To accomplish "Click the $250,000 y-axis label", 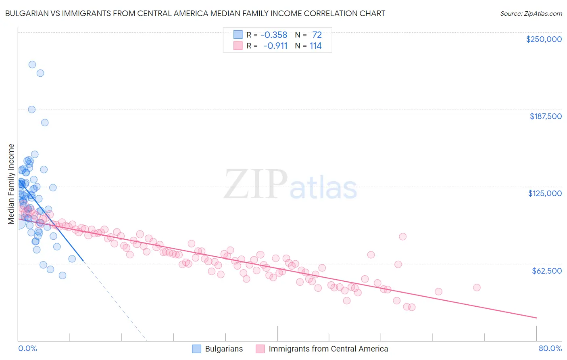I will [x=544, y=39].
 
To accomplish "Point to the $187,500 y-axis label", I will [x=545, y=116].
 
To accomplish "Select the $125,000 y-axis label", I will [x=545, y=193].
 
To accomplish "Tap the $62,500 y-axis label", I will [x=546, y=271].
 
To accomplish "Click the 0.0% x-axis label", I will [x=27, y=348].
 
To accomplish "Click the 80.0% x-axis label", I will [x=550, y=348].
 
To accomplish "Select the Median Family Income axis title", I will [x=11, y=184].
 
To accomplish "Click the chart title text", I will [x=195, y=13].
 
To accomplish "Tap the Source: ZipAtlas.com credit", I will [x=531, y=14].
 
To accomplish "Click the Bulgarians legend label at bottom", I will [x=224, y=349].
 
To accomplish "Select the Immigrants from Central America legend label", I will [x=328, y=349].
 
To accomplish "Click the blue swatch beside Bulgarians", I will [x=196, y=349].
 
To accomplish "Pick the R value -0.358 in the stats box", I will [x=274, y=35].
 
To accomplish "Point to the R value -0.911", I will [x=275, y=46].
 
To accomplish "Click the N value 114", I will [x=315, y=46].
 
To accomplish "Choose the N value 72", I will [x=317, y=35].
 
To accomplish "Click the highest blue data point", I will [x=32, y=65].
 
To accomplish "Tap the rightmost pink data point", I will [x=477, y=287].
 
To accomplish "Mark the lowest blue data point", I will [x=63, y=275].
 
